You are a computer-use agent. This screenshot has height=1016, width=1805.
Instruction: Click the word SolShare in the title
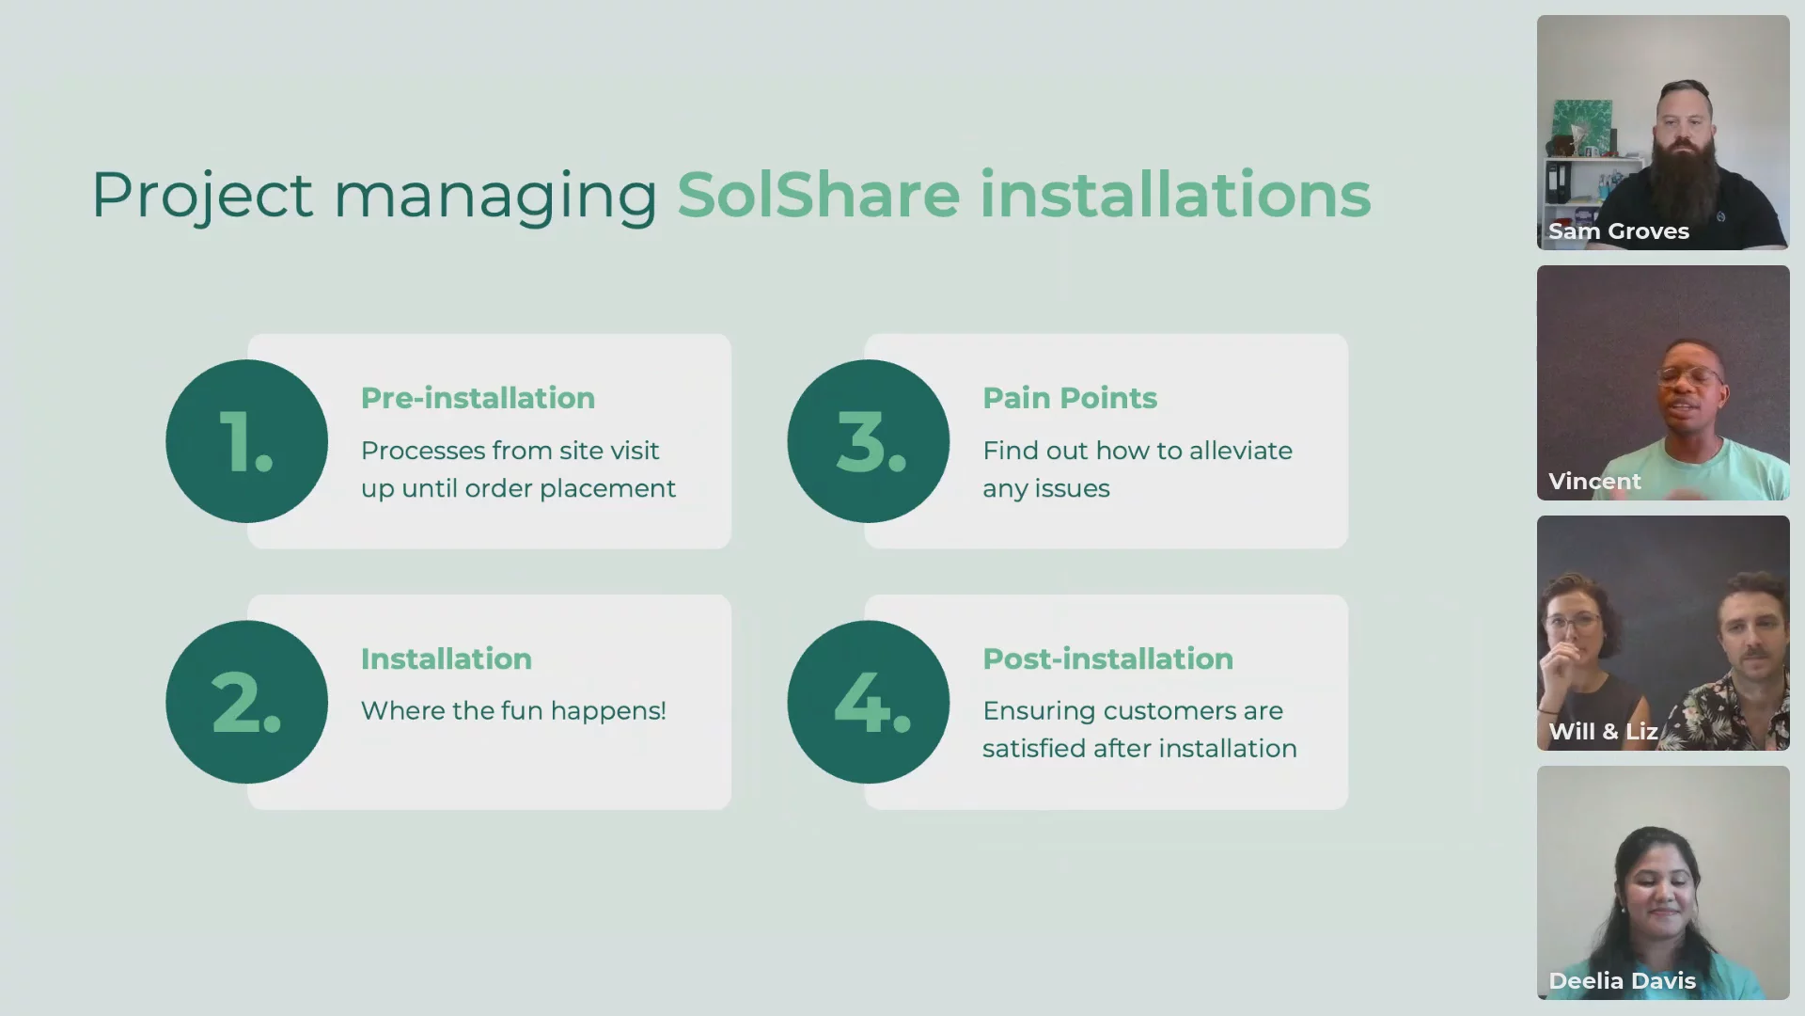tap(819, 195)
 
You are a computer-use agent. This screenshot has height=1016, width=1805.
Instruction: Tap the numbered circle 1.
tap(247, 441)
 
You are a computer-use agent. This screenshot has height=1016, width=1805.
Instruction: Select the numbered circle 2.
tap(247, 702)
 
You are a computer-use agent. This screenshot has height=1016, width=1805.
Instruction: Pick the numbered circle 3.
tap(869, 441)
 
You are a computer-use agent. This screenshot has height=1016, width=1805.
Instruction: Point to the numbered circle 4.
tap(869, 702)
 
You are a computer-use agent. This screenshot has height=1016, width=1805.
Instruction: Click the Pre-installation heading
tap(478, 398)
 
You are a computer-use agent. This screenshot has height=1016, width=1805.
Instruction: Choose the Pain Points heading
tap(1070, 398)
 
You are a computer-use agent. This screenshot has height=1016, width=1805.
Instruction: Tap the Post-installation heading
tap(1107, 659)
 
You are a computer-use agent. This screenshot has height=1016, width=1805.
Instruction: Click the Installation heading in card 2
tap(447, 659)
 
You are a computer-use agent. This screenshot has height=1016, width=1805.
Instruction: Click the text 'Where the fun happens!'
tap(513, 710)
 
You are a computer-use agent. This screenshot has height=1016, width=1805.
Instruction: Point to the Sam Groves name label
tap(1619, 231)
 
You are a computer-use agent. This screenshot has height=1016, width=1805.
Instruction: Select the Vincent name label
tap(1594, 482)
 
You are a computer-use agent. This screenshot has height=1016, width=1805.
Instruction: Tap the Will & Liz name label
tap(1603, 732)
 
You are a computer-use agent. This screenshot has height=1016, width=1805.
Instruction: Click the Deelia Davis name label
tap(1623, 981)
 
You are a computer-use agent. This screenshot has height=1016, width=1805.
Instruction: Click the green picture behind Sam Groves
tap(1581, 126)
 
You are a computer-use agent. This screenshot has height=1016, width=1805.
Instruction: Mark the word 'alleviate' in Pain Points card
tap(1241, 451)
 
